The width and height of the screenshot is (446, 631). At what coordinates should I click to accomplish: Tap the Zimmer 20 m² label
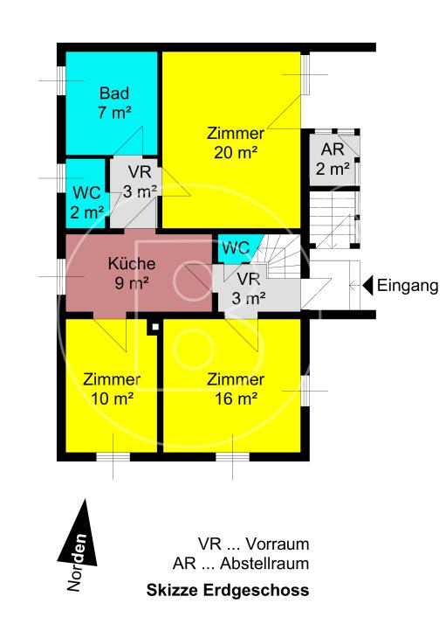(x=236, y=142)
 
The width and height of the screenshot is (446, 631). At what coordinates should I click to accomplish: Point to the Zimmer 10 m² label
(x=113, y=388)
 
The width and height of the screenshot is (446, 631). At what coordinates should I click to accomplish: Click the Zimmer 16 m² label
(x=236, y=388)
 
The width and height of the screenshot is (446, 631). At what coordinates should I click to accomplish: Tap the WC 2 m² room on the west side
(x=86, y=201)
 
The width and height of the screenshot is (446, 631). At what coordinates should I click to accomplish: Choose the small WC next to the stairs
(x=235, y=247)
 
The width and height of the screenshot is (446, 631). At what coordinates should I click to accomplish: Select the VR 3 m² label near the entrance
(x=249, y=288)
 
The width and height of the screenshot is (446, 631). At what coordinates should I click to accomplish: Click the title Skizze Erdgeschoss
(x=227, y=591)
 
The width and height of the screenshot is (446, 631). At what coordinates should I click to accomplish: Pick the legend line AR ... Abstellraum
(x=241, y=564)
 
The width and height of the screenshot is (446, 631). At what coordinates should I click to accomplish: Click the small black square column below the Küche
(x=154, y=327)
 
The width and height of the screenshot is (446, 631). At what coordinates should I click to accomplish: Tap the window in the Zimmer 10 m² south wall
(x=113, y=456)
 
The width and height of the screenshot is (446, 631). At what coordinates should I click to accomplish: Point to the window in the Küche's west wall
(x=60, y=276)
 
